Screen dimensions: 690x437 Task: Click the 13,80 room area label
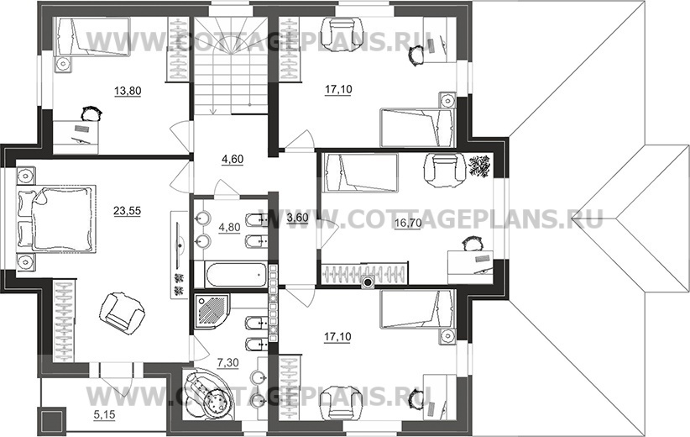tap(128, 92)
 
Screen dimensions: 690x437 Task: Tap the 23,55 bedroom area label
tap(128, 211)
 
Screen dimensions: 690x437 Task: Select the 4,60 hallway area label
tap(233, 159)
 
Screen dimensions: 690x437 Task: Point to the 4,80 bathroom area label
tap(229, 227)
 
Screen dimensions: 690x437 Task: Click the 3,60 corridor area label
tap(297, 217)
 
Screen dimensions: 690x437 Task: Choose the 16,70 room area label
tap(408, 223)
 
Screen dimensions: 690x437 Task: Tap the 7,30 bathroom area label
tap(228, 362)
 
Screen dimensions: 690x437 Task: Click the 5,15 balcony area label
tap(104, 414)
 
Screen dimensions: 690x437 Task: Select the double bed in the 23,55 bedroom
tap(56, 220)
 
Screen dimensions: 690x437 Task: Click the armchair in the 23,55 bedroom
tap(122, 313)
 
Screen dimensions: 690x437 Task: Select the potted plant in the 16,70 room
tap(479, 166)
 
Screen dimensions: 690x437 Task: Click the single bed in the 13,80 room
tap(92, 37)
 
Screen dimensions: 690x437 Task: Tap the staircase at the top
tap(232, 66)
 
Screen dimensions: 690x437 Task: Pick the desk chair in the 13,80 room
tap(92, 113)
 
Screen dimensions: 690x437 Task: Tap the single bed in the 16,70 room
tap(360, 172)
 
